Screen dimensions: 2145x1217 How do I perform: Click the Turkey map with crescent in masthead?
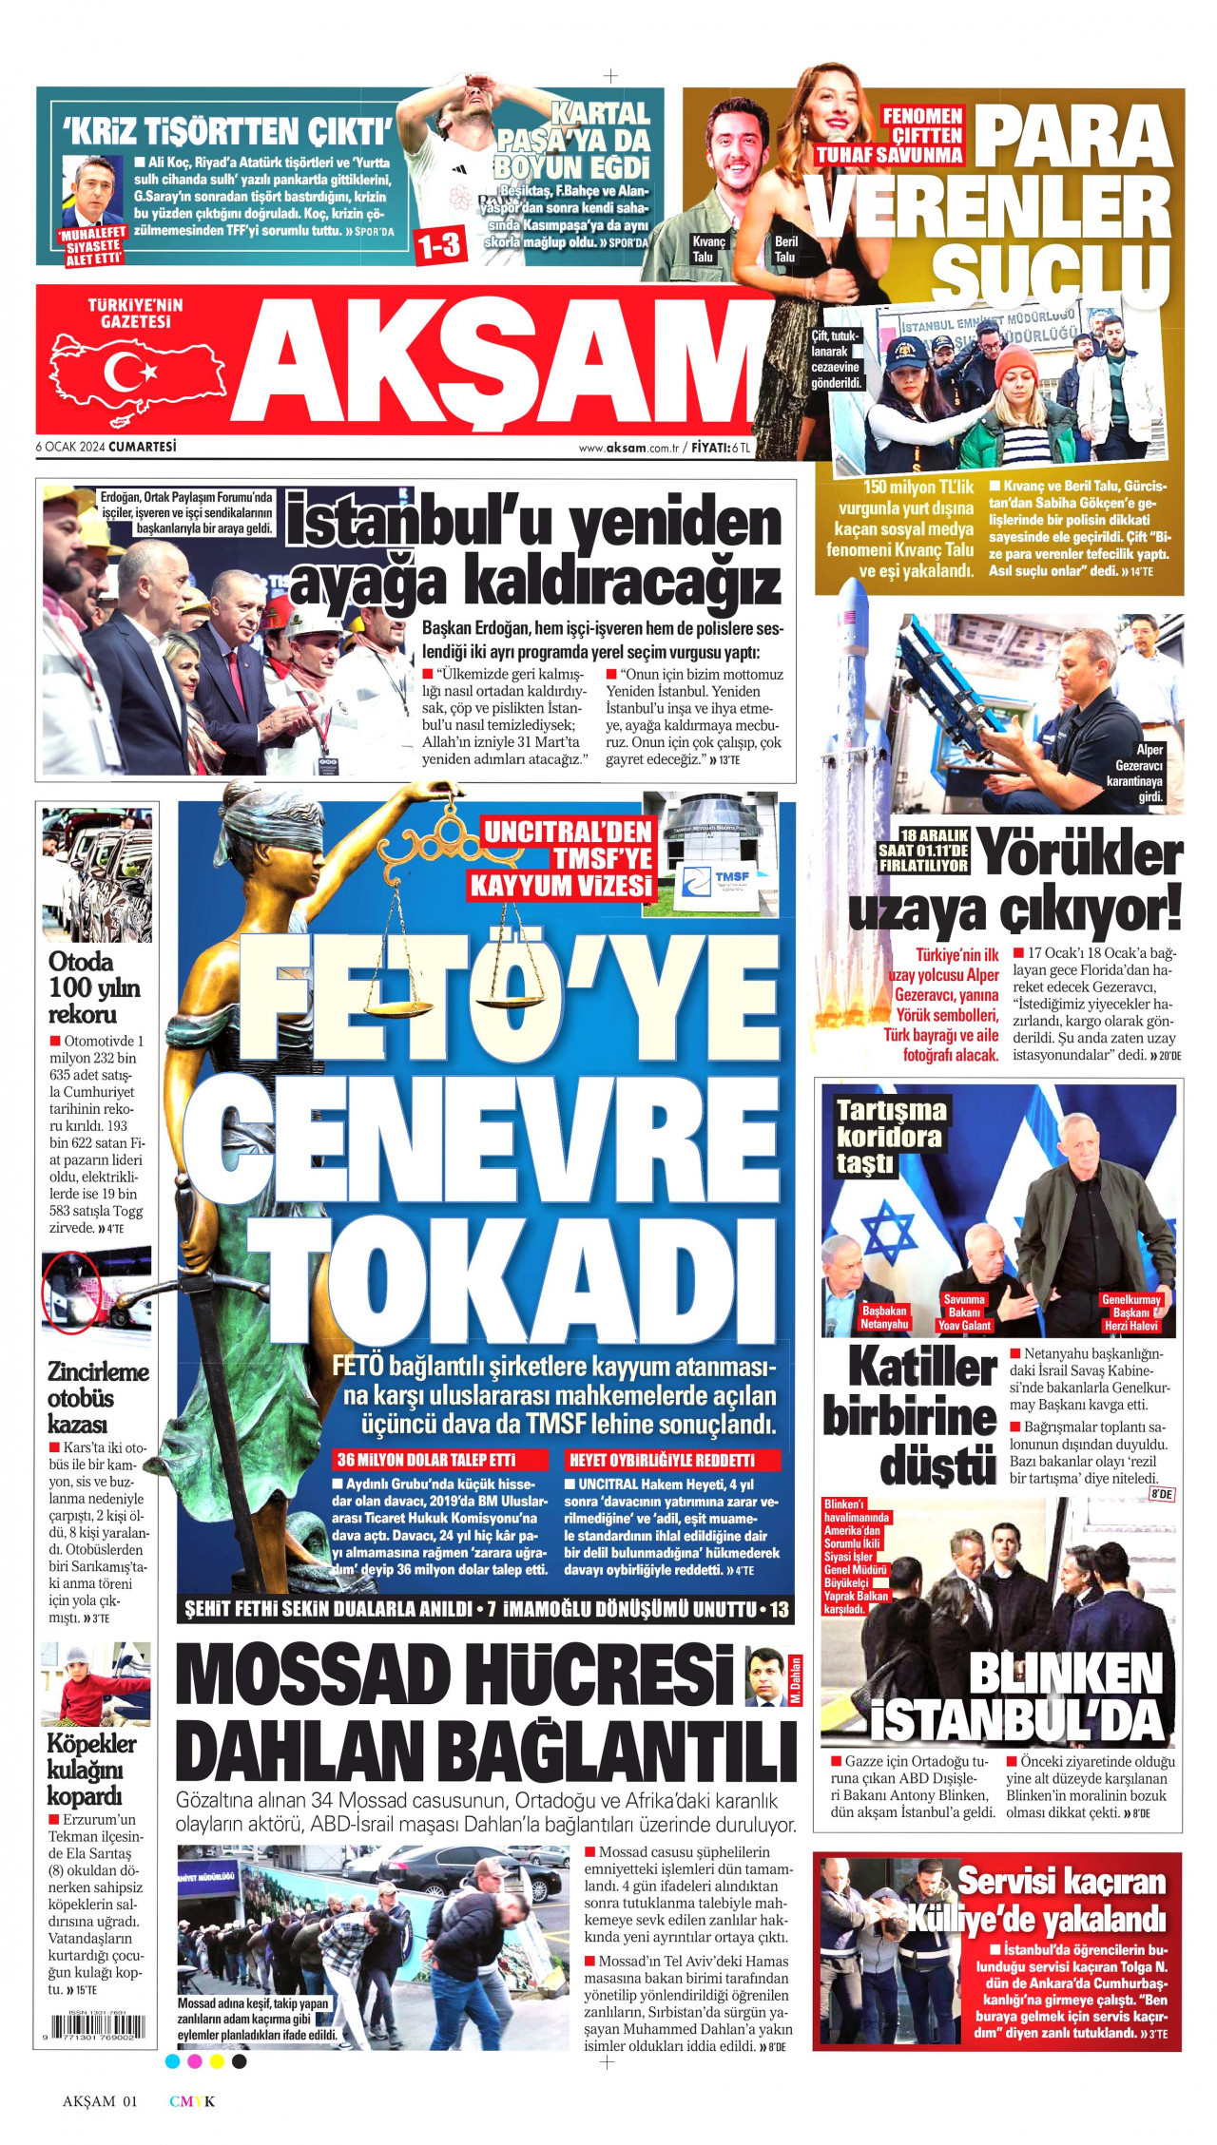pyautogui.click(x=139, y=373)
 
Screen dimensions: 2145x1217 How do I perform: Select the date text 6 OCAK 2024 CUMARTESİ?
pyautogui.click(x=106, y=446)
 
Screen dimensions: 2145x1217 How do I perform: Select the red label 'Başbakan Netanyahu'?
pyautogui.click(x=884, y=1317)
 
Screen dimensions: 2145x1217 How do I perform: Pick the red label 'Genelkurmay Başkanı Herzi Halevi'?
pyautogui.click(x=1131, y=1312)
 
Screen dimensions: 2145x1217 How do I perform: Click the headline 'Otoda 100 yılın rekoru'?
pyautogui.click(x=94, y=987)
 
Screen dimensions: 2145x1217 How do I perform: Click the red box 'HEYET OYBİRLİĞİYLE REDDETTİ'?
pyautogui.click(x=672, y=1460)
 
